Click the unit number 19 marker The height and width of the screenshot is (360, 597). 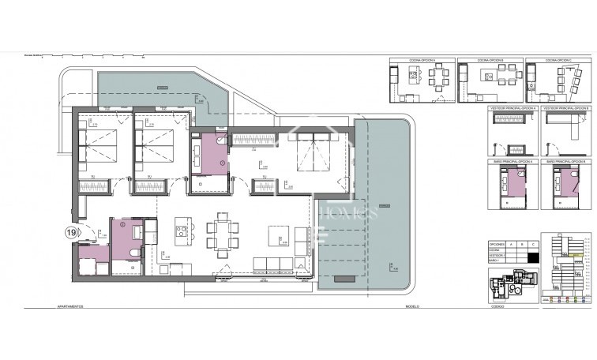coord(70,233)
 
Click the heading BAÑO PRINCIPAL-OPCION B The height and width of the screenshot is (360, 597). coord(565,161)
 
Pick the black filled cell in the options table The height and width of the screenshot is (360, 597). coord(534,256)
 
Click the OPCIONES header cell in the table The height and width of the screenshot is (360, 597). coord(497,244)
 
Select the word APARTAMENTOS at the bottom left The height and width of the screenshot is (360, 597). coord(72,306)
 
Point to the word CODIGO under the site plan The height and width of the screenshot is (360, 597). coord(497,306)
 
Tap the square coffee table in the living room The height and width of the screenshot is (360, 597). coord(277,234)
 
